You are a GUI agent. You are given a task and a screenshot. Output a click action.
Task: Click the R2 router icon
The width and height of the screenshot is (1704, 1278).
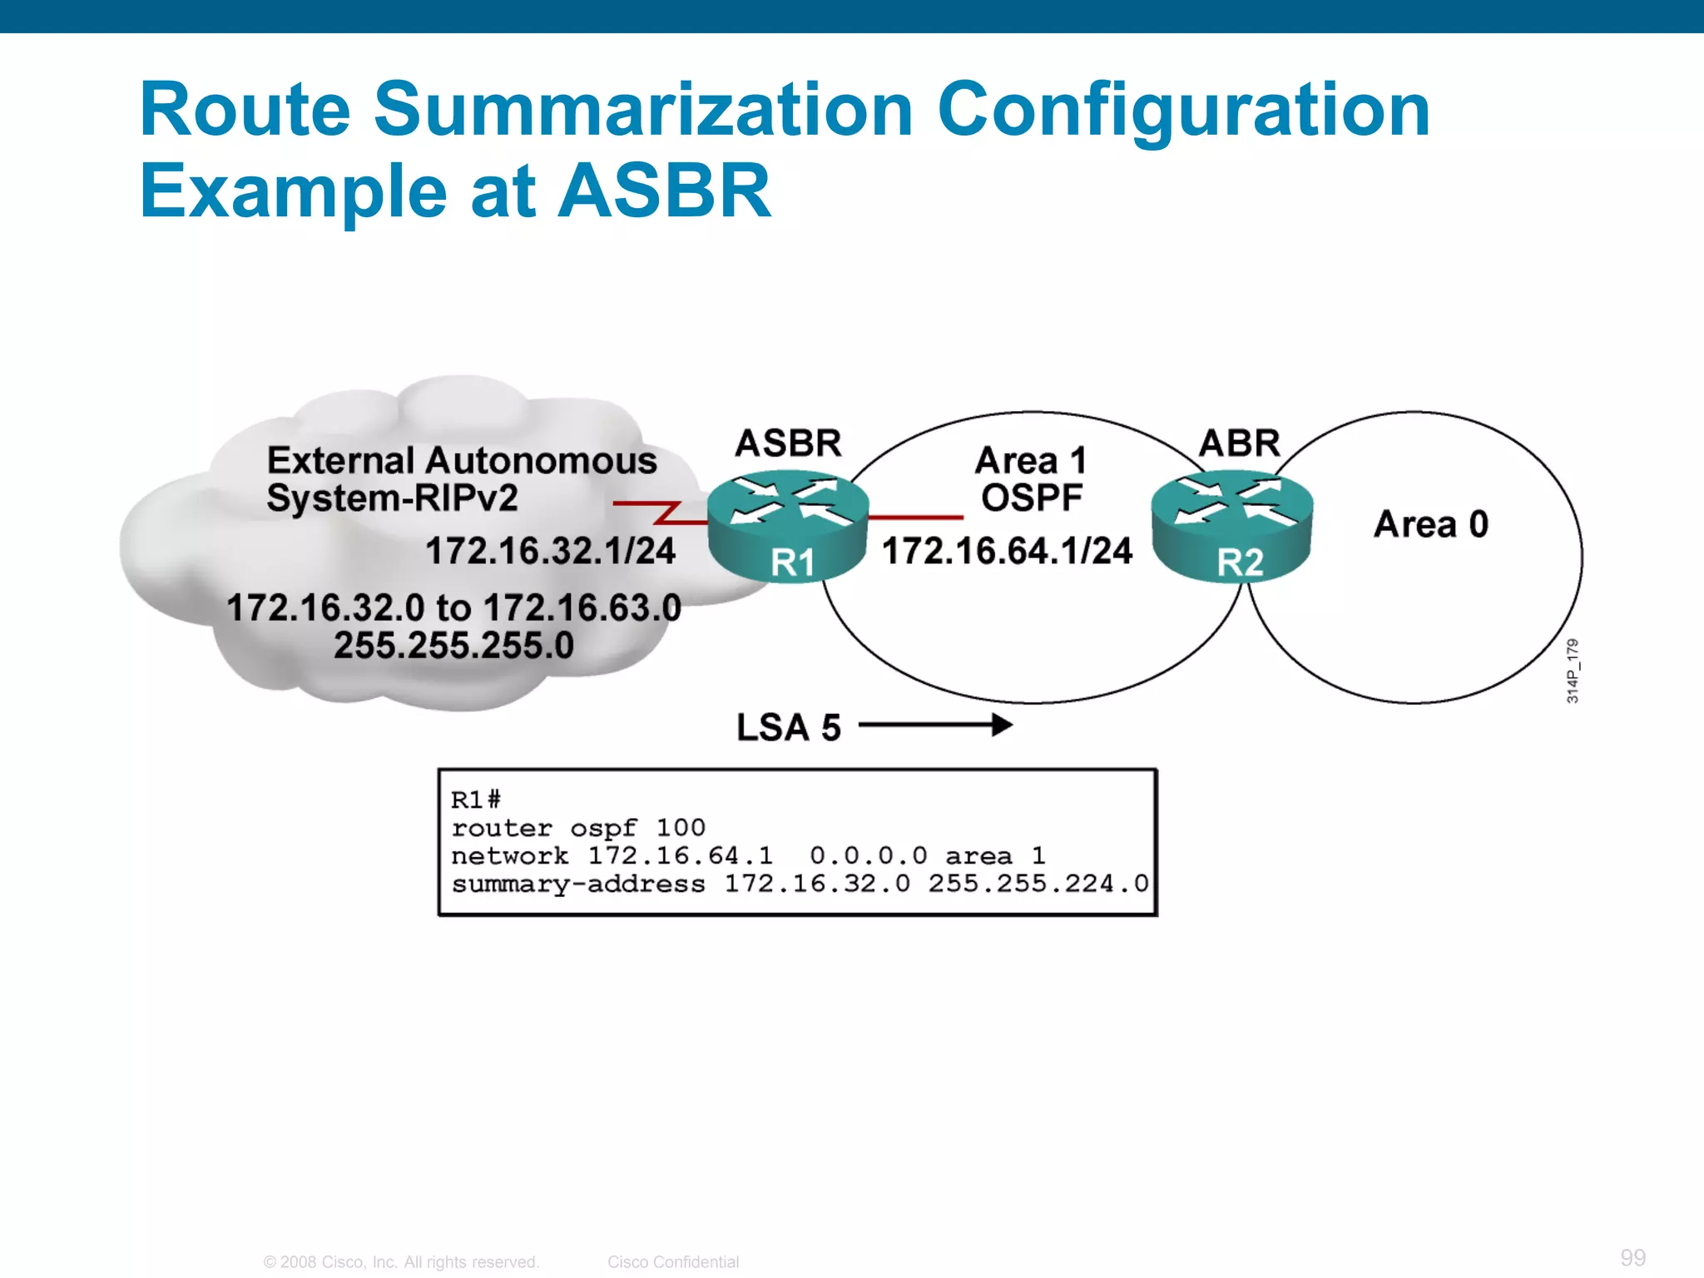[x=1232, y=526]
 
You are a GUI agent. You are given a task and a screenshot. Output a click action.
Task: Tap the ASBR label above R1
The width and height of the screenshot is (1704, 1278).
[x=788, y=443]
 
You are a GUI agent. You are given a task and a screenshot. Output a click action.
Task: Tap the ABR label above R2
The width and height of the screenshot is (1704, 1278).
[x=1239, y=443]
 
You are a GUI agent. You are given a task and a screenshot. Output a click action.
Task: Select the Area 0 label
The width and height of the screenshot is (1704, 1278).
[x=1430, y=524]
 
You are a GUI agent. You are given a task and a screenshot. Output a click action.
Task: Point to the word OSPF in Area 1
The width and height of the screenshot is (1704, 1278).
[x=1031, y=498]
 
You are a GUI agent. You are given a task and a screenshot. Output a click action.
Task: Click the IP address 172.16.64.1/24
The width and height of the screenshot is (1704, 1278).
[x=1007, y=551]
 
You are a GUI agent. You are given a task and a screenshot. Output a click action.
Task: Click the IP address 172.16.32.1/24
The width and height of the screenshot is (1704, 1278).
[x=550, y=551]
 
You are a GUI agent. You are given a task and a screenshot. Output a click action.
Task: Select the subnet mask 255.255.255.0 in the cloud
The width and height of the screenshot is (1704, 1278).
[x=453, y=646]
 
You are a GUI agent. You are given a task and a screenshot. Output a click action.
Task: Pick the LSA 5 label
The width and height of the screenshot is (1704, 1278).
[x=788, y=727]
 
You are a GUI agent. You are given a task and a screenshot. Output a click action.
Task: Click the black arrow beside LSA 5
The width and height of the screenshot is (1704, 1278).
[x=935, y=726]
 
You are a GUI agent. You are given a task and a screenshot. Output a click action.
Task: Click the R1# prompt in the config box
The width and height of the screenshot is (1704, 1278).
[x=475, y=800]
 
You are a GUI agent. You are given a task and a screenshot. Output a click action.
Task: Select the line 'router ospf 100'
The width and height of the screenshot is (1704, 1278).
[x=577, y=828]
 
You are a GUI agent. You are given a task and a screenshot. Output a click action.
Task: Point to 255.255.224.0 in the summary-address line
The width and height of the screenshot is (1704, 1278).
[x=1038, y=884]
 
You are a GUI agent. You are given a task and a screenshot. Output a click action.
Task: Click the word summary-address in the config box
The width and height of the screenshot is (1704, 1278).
[x=577, y=884]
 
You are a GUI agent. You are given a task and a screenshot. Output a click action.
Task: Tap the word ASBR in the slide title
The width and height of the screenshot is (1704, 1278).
[x=664, y=191]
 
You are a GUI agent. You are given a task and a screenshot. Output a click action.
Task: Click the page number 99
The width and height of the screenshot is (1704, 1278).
[x=1632, y=1257]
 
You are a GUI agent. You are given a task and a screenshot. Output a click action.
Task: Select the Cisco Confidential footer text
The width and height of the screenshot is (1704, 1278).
[x=672, y=1262]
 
